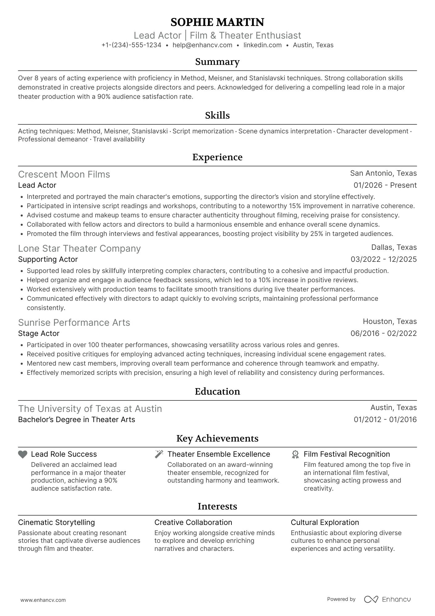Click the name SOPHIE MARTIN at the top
[217, 22]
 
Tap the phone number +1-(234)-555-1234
[131, 45]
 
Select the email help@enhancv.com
[202, 45]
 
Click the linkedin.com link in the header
[263, 45]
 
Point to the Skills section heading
[217, 115]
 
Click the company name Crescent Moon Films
[64, 174]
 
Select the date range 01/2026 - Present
[385, 185]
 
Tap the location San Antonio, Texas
[383, 173]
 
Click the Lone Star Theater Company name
[79, 249]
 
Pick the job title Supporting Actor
[48, 259]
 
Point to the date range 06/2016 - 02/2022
[383, 333]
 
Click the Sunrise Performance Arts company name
[74, 323]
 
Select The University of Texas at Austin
[90, 409]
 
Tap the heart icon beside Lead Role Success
[23, 454]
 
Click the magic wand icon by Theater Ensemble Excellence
[159, 454]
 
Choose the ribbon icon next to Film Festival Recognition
[295, 454]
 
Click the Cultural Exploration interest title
[325, 522]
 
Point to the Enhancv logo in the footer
[387, 599]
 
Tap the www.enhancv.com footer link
[43, 600]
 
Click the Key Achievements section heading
[217, 438]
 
